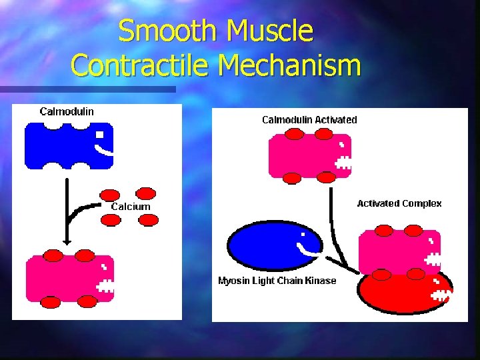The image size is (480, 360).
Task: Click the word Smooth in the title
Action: coord(167,31)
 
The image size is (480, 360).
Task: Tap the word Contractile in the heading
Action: coord(141,65)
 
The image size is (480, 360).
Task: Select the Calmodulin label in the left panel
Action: coord(67,111)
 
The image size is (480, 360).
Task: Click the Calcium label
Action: coord(131,207)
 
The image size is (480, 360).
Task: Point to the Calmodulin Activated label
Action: coord(309,120)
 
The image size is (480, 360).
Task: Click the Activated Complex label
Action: coord(399,203)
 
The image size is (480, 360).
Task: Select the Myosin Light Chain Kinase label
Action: coord(277,281)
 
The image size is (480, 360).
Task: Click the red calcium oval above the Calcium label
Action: coord(145,193)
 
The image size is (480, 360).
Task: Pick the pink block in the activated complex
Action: coord(393,252)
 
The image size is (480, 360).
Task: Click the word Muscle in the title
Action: coord(270,31)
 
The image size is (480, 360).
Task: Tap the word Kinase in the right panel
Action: coord(321,281)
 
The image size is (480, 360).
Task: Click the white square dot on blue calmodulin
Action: coord(99,135)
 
